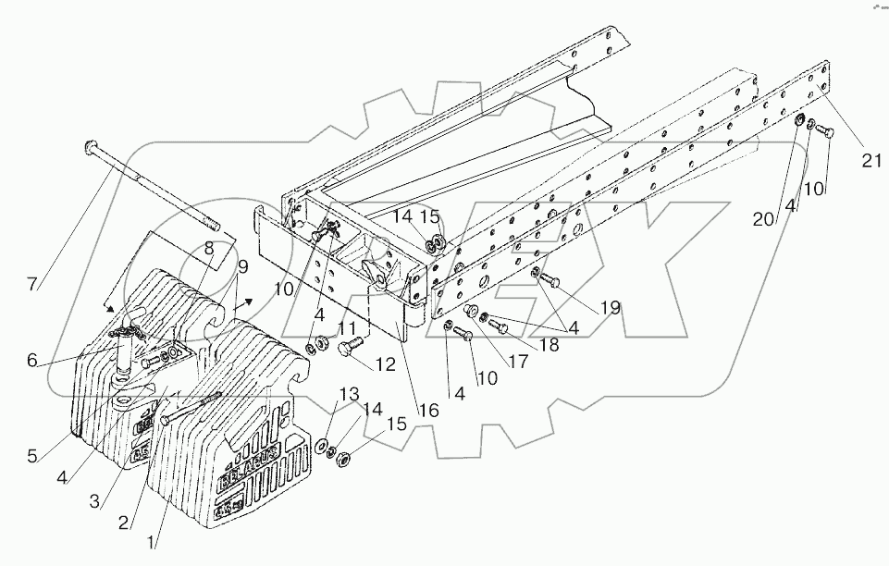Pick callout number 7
point(33,284)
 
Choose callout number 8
point(208,248)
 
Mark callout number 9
point(242,267)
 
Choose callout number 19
point(609,308)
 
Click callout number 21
point(868,161)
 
